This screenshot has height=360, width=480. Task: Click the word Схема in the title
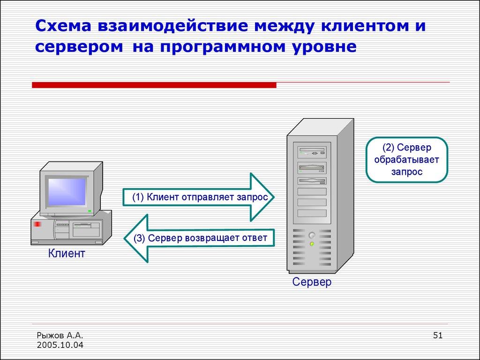pyautogui.click(x=64, y=26)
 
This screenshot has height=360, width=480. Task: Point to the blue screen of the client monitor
pyautogui.click(x=67, y=191)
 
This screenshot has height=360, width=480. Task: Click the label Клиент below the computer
pyautogui.click(x=67, y=254)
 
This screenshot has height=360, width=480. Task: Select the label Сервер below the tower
pyautogui.click(x=312, y=282)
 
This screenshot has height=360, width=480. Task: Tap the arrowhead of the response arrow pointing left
pyautogui.click(x=136, y=238)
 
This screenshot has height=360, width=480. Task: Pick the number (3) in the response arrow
pyautogui.click(x=139, y=238)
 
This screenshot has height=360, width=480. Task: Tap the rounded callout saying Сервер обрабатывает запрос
pyautogui.click(x=406, y=160)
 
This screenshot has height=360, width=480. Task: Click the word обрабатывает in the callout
pyautogui.click(x=406, y=160)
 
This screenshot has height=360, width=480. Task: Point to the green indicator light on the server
pyautogui.click(x=312, y=244)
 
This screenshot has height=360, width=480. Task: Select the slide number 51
pyautogui.click(x=438, y=335)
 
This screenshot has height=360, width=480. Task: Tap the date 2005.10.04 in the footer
pyautogui.click(x=60, y=345)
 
